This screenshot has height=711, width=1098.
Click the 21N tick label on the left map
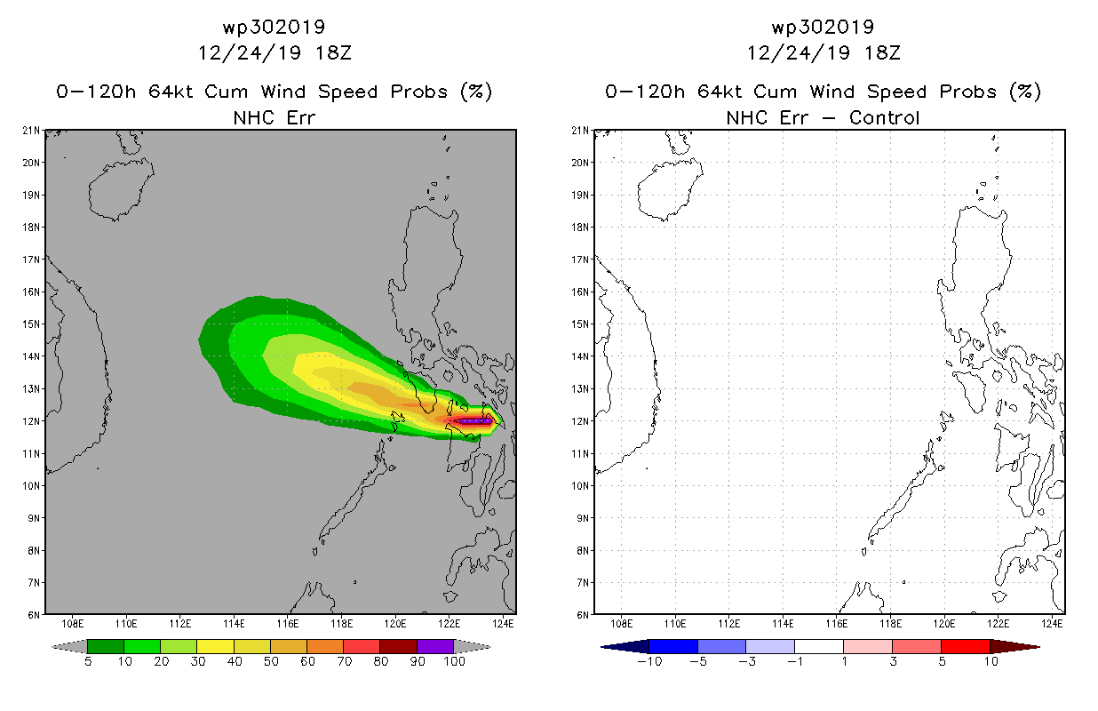click(31, 131)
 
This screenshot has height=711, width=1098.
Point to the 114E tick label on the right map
click(783, 624)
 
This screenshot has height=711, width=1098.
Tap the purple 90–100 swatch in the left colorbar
click(435, 646)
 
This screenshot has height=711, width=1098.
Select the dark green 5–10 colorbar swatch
click(106, 646)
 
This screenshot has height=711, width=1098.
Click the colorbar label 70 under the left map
click(345, 662)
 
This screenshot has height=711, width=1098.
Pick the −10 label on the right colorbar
click(649, 662)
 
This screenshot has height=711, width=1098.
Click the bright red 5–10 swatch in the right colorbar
click(966, 646)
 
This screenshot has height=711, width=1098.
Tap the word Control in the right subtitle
click(884, 118)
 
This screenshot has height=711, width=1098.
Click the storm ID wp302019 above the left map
click(274, 28)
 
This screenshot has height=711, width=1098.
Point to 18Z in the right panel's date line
click(882, 53)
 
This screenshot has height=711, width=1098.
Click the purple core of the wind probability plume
click(473, 420)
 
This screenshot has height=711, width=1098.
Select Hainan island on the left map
click(121, 188)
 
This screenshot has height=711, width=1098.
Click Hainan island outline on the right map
click(670, 188)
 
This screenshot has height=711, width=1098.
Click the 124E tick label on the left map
click(503, 624)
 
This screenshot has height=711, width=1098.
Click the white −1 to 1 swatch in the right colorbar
click(819, 646)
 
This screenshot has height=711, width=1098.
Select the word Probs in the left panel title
click(418, 92)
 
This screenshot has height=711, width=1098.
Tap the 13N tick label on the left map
click(31, 389)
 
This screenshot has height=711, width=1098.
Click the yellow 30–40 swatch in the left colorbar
click(215, 646)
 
